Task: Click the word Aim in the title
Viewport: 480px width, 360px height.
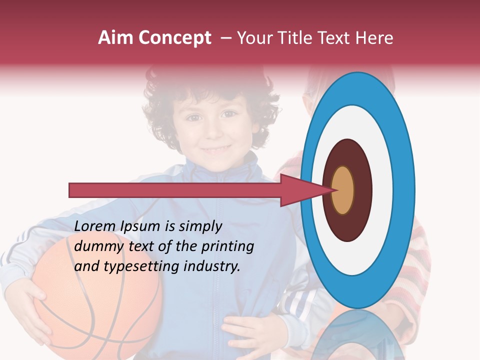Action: (116, 38)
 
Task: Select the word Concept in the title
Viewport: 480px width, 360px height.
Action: (175, 38)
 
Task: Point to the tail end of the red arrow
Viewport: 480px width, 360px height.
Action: (73, 190)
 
